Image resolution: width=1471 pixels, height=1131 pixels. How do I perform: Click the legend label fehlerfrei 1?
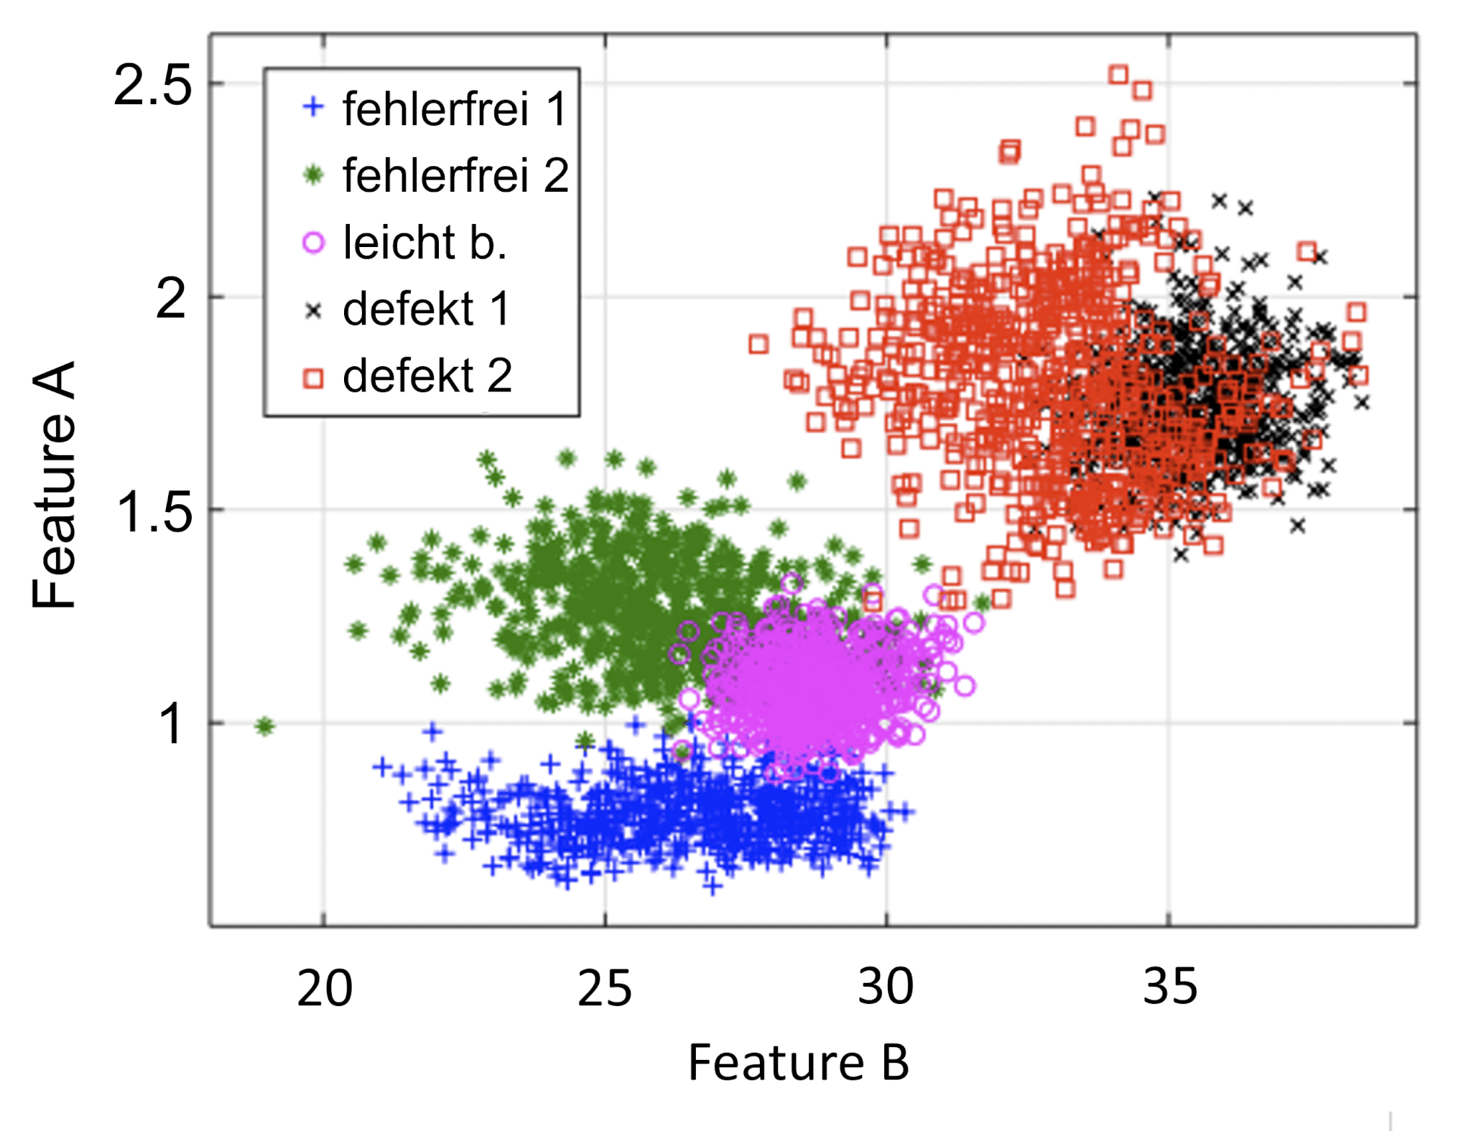[x=455, y=109]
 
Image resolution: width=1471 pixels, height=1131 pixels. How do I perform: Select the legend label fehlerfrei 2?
[x=455, y=176]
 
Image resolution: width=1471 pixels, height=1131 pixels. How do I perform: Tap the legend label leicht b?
[x=424, y=243]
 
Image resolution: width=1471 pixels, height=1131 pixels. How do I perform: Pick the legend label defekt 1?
[x=426, y=309]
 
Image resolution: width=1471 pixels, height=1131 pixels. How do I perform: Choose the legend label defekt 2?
[x=427, y=376]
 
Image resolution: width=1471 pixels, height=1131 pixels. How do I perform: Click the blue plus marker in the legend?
[x=313, y=107]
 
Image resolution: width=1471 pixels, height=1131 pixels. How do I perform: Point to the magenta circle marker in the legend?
[x=313, y=243]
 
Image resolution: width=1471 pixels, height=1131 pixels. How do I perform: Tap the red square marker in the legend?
[x=313, y=378]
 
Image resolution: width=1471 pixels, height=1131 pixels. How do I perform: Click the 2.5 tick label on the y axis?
[x=153, y=85]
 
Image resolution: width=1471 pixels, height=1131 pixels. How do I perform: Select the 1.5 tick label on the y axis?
[x=154, y=512]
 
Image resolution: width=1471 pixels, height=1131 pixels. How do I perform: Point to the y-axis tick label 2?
[x=171, y=299]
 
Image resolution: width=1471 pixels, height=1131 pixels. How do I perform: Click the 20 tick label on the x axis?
[x=325, y=989]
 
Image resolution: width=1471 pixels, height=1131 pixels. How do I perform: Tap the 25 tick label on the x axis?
[x=605, y=989]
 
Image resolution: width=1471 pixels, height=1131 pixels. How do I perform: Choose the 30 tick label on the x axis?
[x=886, y=987]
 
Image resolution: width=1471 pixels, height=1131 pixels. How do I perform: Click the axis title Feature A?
[x=54, y=485]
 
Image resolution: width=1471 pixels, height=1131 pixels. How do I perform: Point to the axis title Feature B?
[x=799, y=1063]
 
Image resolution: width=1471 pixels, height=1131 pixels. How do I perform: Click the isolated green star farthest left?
[x=265, y=726]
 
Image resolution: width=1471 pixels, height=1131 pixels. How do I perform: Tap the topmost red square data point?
[x=1118, y=74]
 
